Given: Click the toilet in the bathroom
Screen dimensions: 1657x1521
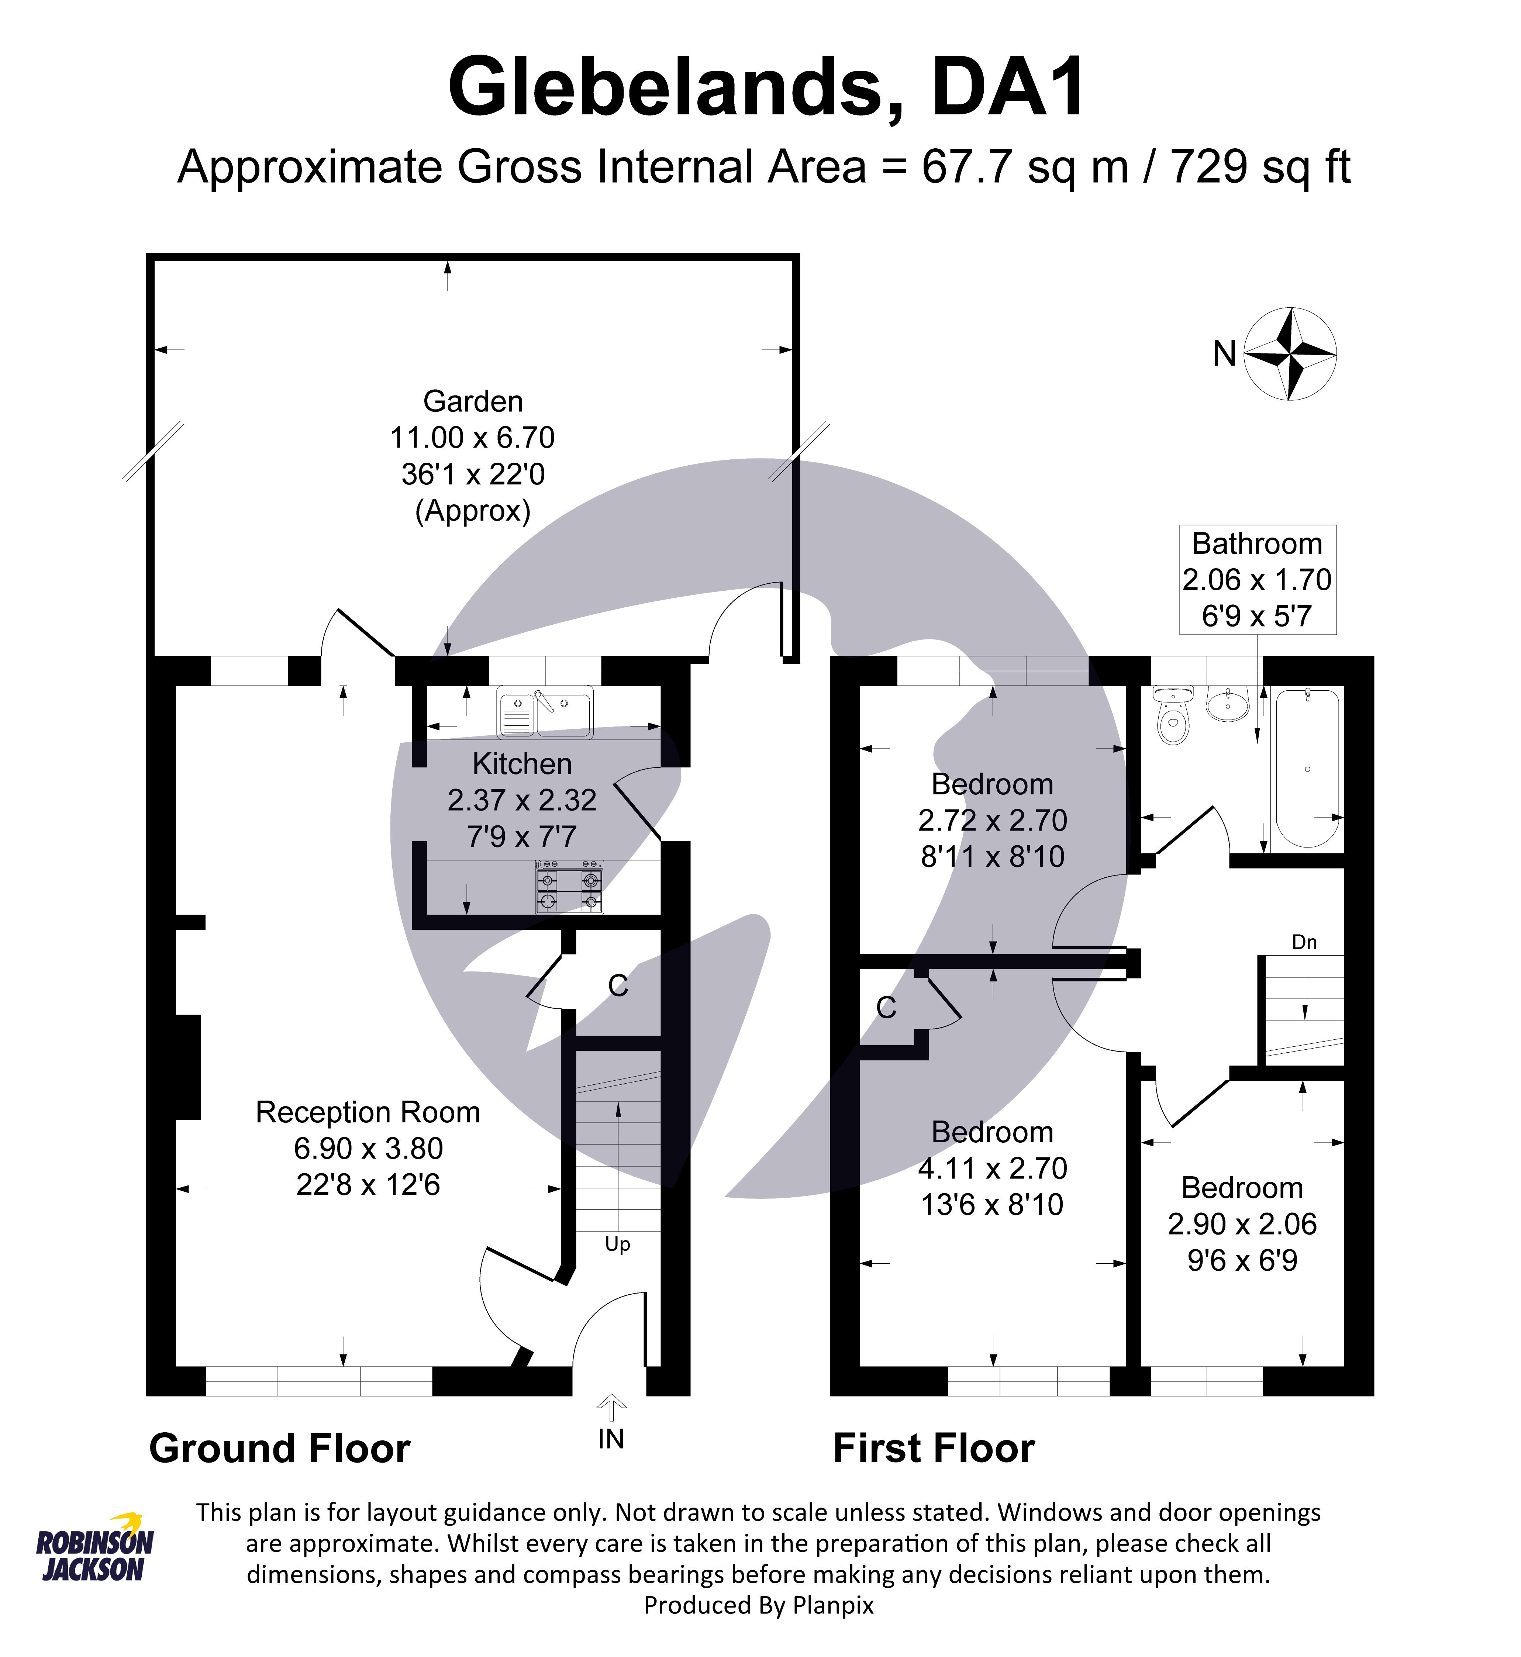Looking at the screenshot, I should coord(1173,718).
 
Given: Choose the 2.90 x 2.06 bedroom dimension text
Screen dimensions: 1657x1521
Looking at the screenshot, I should coord(1242,1224).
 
